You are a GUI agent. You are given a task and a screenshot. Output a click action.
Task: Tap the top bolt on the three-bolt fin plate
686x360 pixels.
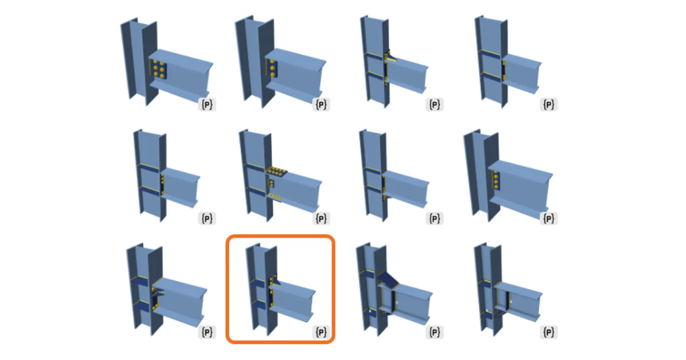(x=272, y=62)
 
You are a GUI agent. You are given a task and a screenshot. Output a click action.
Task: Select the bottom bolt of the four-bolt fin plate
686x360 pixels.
(x=496, y=187)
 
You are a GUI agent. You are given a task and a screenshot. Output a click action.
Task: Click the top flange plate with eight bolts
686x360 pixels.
(x=276, y=171)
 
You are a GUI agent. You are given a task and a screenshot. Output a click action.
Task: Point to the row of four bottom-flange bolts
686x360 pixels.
(x=276, y=197)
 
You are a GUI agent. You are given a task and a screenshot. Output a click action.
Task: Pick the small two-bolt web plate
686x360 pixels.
(x=271, y=183)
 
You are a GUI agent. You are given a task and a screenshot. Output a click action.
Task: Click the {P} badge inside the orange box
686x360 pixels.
(x=321, y=332)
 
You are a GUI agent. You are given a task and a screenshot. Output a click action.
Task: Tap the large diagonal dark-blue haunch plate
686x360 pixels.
(x=388, y=279)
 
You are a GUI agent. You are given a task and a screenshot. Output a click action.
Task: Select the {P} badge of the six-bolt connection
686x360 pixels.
(x=207, y=105)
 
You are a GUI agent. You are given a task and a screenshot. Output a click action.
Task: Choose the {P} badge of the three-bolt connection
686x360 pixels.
(x=321, y=105)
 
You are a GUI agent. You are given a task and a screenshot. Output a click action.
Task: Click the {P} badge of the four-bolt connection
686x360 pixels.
(x=548, y=218)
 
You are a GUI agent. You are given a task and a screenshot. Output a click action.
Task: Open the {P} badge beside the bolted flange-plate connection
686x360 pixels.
(x=321, y=218)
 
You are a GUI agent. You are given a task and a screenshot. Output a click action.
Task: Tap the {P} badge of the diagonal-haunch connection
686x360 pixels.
(x=434, y=332)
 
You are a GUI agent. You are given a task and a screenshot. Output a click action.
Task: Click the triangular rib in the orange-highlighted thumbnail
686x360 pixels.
(x=276, y=280)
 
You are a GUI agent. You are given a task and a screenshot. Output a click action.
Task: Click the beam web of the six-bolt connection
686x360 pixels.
(x=185, y=77)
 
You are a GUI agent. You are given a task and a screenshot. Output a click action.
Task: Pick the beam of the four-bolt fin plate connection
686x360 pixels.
(x=520, y=190)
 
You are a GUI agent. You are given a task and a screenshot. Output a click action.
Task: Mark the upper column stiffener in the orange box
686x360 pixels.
(x=257, y=283)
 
